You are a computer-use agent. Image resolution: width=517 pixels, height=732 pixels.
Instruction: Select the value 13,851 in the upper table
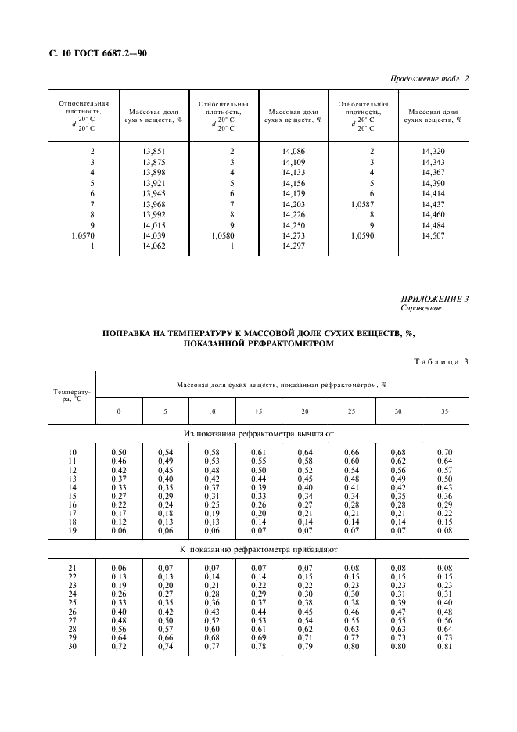tap(154, 150)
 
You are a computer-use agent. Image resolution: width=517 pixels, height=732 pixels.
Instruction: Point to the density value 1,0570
tap(82, 235)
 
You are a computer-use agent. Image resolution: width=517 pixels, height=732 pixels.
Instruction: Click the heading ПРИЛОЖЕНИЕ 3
tap(435, 300)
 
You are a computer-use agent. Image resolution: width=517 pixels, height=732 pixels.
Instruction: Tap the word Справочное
tap(421, 308)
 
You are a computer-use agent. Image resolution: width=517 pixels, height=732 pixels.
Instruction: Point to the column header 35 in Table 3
tap(444, 411)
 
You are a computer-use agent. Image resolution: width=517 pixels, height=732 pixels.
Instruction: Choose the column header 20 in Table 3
tap(304, 411)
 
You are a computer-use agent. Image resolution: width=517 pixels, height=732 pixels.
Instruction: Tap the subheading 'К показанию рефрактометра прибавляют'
tap(258, 550)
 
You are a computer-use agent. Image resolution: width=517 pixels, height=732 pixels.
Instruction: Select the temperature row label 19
tap(73, 530)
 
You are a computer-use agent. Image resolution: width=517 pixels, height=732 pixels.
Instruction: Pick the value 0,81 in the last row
tap(444, 646)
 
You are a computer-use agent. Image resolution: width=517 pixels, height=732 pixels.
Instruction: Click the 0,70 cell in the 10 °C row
tap(444, 453)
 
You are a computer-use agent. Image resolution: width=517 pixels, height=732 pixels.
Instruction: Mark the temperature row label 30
tap(73, 646)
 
